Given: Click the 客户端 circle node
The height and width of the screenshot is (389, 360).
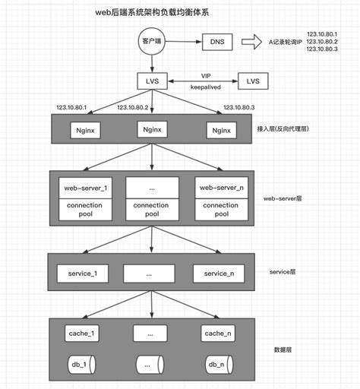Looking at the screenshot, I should [151, 41].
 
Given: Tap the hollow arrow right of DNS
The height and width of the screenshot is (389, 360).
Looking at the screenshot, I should [248, 43].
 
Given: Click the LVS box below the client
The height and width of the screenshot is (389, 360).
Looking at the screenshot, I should [152, 80].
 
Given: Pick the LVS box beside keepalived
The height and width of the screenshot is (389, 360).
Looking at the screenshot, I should [253, 80].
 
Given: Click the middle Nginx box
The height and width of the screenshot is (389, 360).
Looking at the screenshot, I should [152, 130].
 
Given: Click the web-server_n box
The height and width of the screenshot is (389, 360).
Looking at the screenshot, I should [221, 186].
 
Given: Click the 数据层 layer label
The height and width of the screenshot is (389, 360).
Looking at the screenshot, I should [283, 350].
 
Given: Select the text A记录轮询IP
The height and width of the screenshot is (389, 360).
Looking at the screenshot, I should [283, 43].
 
